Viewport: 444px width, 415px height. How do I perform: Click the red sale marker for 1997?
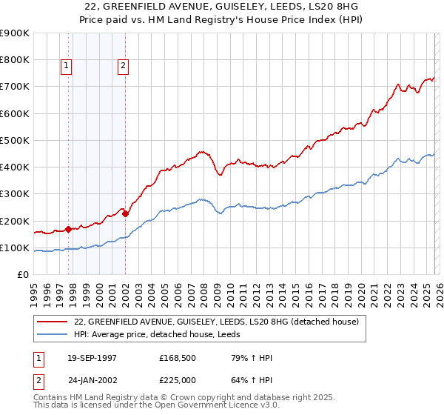[x=69, y=229]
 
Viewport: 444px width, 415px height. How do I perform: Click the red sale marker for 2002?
[x=125, y=214]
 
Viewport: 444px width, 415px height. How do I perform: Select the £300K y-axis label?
[x=16, y=194]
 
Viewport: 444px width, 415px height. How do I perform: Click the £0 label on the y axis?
[x=23, y=275]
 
